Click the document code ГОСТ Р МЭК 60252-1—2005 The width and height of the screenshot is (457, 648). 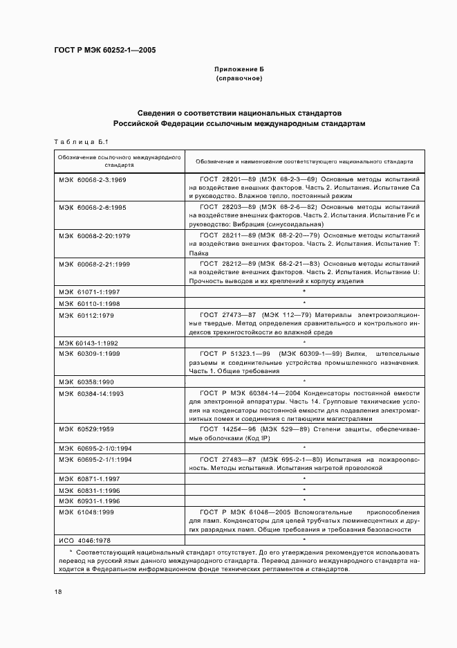pyautogui.click(x=104, y=51)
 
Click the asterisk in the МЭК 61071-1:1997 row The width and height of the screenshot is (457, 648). pyautogui.click(x=304, y=292)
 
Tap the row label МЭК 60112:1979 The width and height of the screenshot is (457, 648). pyautogui.click(x=86, y=315)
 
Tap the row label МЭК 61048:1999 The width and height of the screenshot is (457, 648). pyautogui.click(x=86, y=512)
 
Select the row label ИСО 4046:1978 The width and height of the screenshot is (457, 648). pyautogui.click(x=84, y=539)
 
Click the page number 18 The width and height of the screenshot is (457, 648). pyautogui.click(x=58, y=592)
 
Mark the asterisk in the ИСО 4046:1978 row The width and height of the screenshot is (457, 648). pyautogui.click(x=304, y=539)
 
